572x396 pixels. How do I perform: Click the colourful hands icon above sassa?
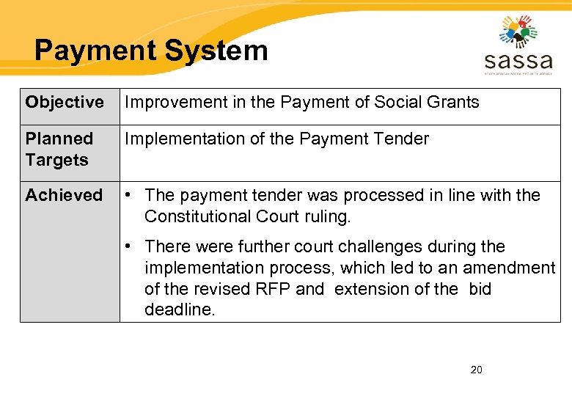[518, 32]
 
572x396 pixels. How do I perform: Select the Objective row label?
[65, 103]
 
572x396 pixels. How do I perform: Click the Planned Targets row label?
[59, 149]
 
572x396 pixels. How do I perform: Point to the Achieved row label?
[64, 195]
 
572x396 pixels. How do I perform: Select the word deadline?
[180, 310]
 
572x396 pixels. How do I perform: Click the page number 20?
[476, 370]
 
